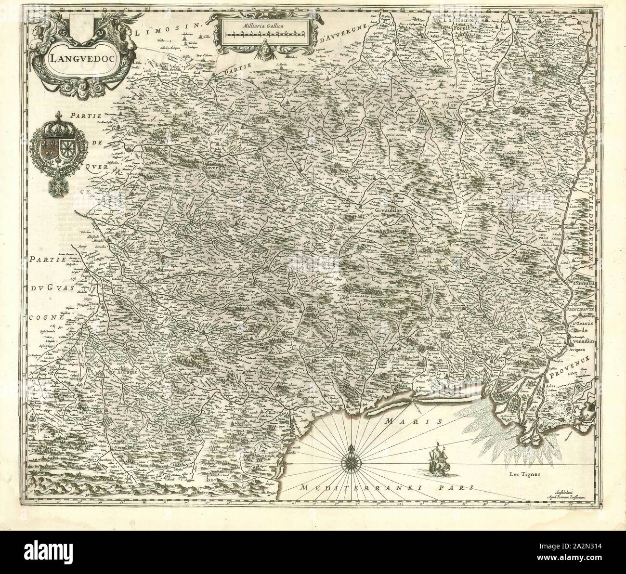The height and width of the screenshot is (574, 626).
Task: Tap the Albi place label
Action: (x=211, y=259)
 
